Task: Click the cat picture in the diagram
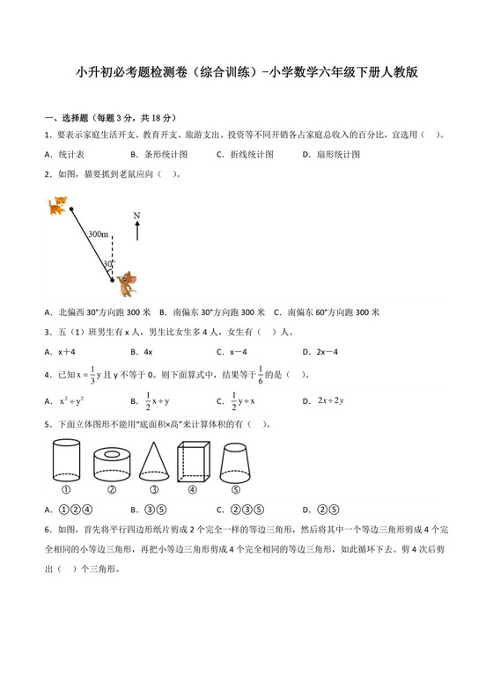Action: click(x=58, y=206)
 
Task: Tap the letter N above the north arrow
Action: click(x=137, y=216)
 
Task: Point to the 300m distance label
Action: click(x=98, y=235)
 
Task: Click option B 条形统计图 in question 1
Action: click(x=158, y=154)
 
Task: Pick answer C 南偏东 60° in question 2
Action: click(x=326, y=312)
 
